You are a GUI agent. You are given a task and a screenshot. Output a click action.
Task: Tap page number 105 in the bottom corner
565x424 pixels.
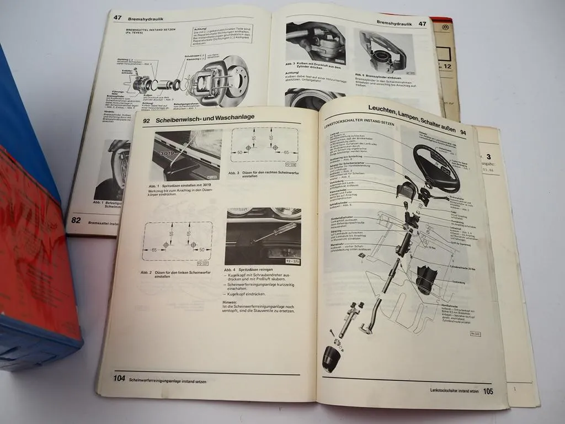[x=487, y=391]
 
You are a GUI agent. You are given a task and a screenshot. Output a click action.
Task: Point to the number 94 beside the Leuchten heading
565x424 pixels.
[x=463, y=132]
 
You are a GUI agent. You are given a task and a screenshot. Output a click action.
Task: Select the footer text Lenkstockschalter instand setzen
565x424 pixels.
[x=454, y=390]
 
